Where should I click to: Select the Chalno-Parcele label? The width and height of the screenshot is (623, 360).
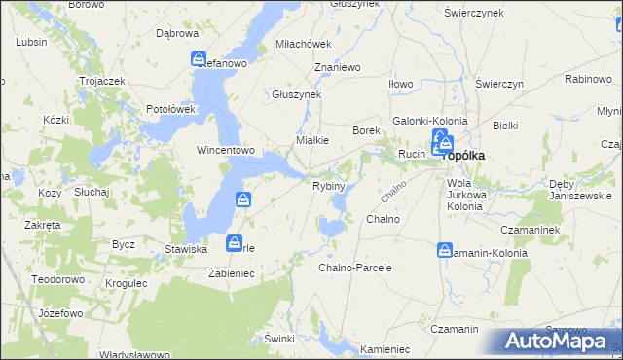355,267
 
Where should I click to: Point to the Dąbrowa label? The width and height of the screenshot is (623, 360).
177,32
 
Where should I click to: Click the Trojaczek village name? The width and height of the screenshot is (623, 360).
104,81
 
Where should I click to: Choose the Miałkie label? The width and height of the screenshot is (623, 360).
312,139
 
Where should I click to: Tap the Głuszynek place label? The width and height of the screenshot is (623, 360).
296,94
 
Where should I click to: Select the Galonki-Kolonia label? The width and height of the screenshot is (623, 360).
429,121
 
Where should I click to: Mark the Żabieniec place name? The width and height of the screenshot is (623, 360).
231,274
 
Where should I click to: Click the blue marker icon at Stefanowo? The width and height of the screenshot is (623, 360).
199,58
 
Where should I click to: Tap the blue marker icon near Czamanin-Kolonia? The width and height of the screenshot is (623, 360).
445,250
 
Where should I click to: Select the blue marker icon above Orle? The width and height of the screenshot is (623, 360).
234,242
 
